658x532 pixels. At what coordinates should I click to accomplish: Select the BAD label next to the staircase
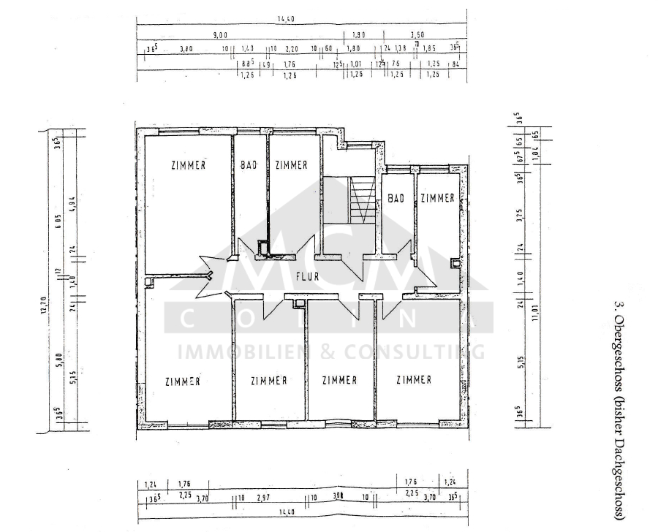click(x=396, y=198)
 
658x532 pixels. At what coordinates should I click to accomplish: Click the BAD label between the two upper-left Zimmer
click(x=249, y=165)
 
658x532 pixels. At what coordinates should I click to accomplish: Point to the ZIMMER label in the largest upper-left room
click(x=188, y=165)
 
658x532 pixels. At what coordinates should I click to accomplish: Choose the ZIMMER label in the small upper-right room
click(x=437, y=198)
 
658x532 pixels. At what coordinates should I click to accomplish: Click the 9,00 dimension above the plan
click(x=220, y=34)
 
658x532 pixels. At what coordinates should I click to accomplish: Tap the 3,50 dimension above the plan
click(x=417, y=34)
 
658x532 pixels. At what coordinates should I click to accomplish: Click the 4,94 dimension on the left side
click(x=72, y=204)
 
